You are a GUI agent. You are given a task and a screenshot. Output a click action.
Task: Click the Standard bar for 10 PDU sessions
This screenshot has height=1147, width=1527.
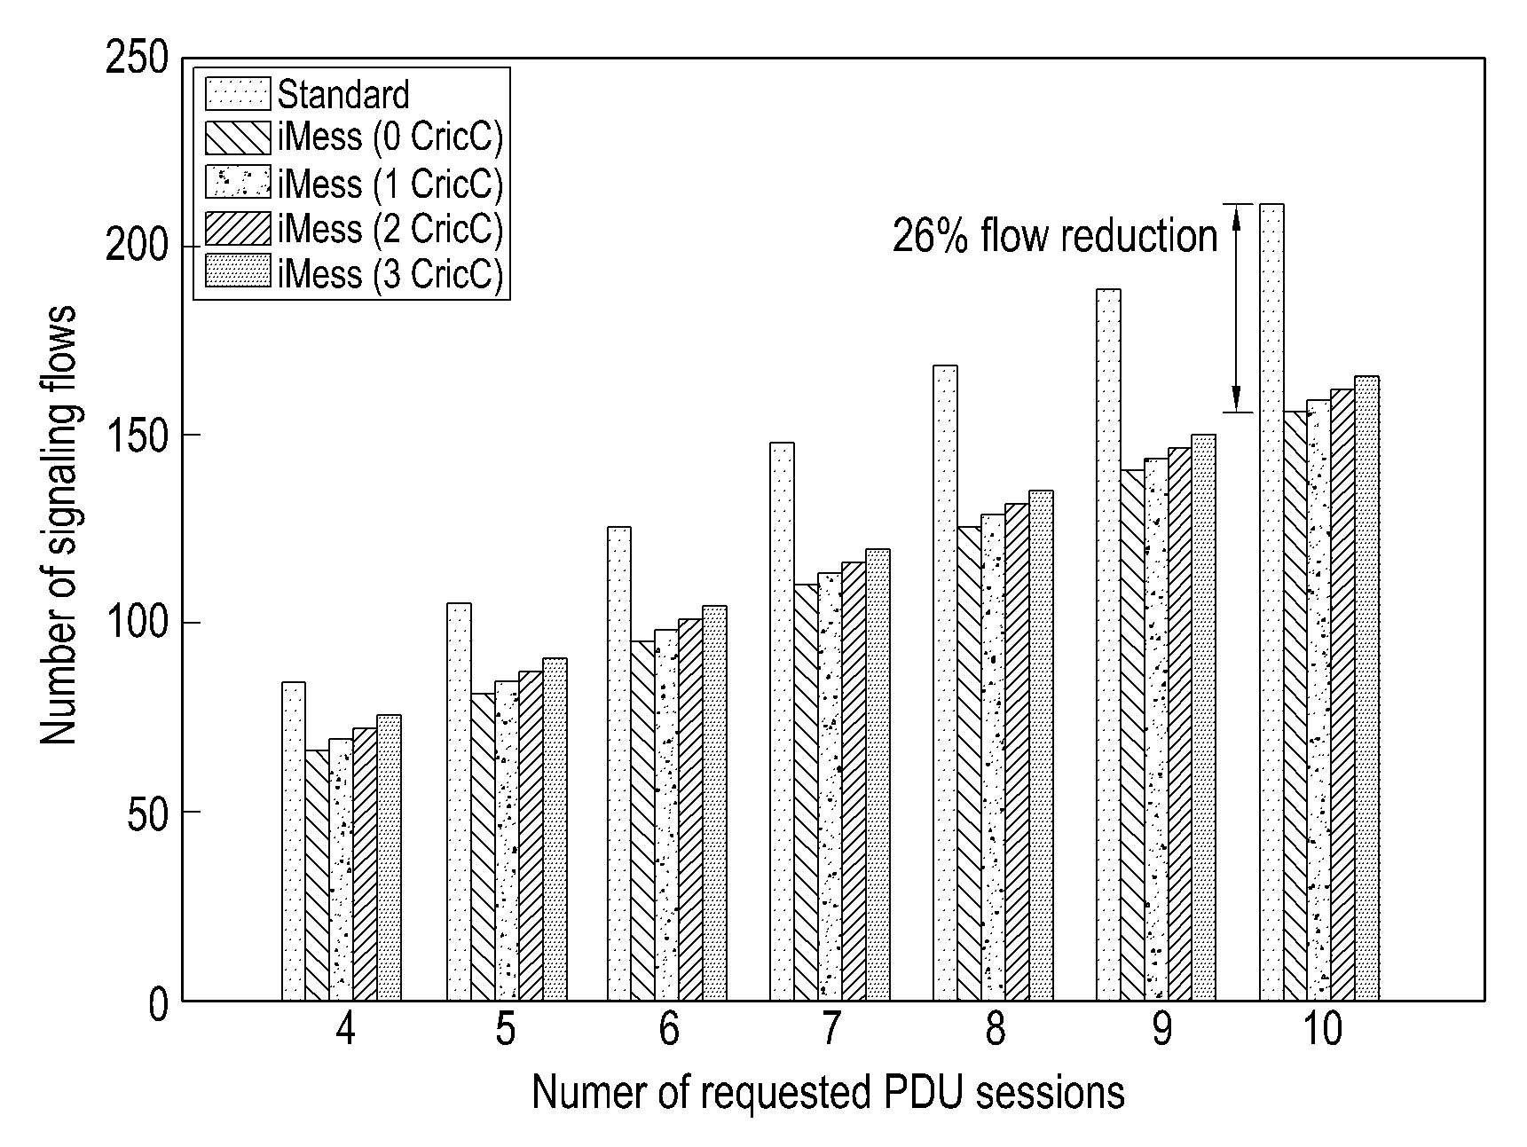click(1271, 602)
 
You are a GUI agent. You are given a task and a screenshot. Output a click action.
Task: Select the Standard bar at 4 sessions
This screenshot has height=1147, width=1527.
click(294, 841)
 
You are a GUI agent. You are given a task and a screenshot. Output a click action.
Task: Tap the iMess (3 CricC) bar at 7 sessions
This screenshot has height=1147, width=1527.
click(878, 775)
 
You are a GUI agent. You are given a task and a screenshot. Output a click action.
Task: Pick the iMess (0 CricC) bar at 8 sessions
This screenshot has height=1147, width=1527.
click(969, 764)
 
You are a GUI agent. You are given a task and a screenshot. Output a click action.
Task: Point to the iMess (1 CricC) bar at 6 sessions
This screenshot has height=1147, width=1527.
click(667, 815)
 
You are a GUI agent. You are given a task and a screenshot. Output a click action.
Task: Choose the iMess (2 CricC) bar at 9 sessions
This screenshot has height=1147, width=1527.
click(1180, 725)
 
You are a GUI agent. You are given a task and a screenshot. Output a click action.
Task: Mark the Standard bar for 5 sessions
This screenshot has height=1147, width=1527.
click(459, 802)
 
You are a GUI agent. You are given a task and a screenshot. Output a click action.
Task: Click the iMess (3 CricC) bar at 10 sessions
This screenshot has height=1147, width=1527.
click(1367, 688)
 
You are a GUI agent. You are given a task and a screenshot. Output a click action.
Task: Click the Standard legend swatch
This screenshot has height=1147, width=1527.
click(237, 94)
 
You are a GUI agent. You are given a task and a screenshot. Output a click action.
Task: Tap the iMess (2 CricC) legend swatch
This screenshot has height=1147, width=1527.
click(237, 228)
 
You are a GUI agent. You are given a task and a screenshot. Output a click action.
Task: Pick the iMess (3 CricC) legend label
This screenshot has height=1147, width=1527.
click(390, 273)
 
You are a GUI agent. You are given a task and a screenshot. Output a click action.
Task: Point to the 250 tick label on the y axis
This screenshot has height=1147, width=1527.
click(136, 59)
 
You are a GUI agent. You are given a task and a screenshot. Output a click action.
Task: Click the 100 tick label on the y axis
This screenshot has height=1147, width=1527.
click(136, 624)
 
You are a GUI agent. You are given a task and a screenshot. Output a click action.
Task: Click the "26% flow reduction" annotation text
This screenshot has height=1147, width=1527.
click(1055, 237)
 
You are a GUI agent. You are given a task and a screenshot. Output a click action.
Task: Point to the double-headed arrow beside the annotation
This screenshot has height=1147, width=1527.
click(1238, 309)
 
